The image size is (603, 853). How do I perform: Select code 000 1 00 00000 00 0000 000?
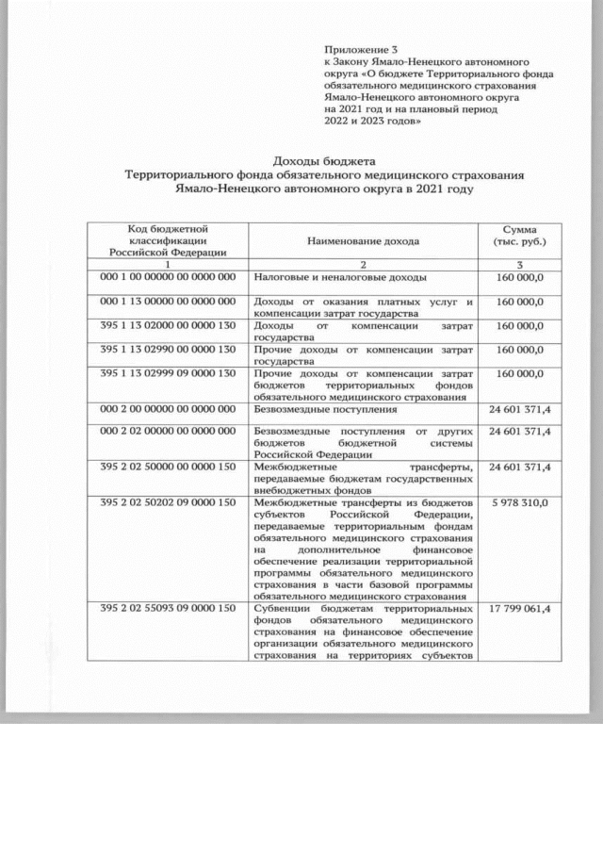pos(167,278)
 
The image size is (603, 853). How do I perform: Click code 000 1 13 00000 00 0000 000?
pos(167,302)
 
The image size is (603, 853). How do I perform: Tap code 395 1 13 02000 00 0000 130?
pos(167,325)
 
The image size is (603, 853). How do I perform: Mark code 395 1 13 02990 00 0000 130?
pos(167,350)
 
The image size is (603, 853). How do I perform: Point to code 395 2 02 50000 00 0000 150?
pos(167,467)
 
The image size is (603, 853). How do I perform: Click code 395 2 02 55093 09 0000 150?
pos(167,609)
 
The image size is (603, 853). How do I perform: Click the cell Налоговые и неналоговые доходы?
pos(341,278)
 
